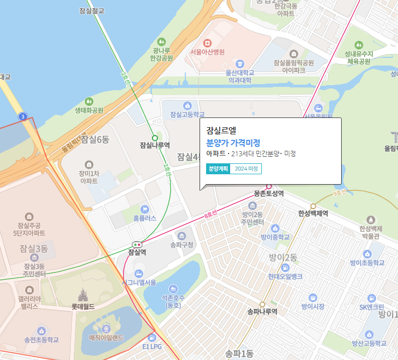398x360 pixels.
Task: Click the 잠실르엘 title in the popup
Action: tap(221, 131)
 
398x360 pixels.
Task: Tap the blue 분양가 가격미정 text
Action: tap(233, 143)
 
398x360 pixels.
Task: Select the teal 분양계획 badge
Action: tap(218, 169)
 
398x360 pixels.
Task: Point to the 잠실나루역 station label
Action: tap(155, 145)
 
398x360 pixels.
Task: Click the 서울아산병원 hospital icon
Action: tap(207, 43)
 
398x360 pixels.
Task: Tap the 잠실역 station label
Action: tap(137, 252)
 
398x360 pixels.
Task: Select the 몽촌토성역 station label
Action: tap(268, 194)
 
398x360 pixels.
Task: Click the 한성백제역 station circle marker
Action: tap(313, 206)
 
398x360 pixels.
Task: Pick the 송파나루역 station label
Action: tap(262, 312)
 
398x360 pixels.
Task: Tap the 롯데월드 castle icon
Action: tap(83, 296)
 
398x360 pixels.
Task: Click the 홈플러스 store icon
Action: tap(144, 209)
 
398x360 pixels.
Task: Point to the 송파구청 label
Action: tap(182, 245)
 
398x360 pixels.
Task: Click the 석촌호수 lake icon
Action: tap(173, 288)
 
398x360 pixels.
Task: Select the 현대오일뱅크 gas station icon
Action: tap(285, 268)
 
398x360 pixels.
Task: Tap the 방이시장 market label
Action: tap(313, 306)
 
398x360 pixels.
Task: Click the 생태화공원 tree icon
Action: tap(89, 101)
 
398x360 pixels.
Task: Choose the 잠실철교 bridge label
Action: tap(91, 10)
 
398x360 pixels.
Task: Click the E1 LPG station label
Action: tap(153, 346)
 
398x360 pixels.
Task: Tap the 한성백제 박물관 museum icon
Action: tap(371, 219)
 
